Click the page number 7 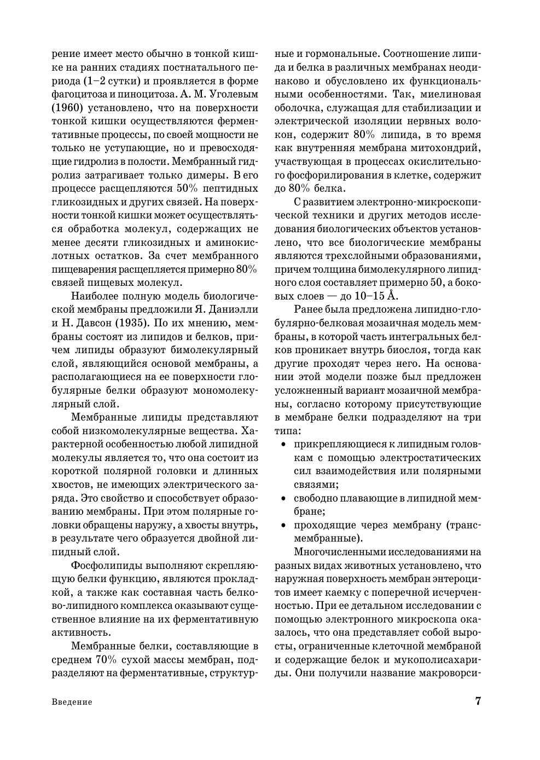(x=478, y=701)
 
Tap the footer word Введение (x=72, y=702)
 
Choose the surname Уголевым (x=230, y=94)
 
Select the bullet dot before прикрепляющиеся (x=283, y=444)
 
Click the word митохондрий (x=448, y=148)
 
